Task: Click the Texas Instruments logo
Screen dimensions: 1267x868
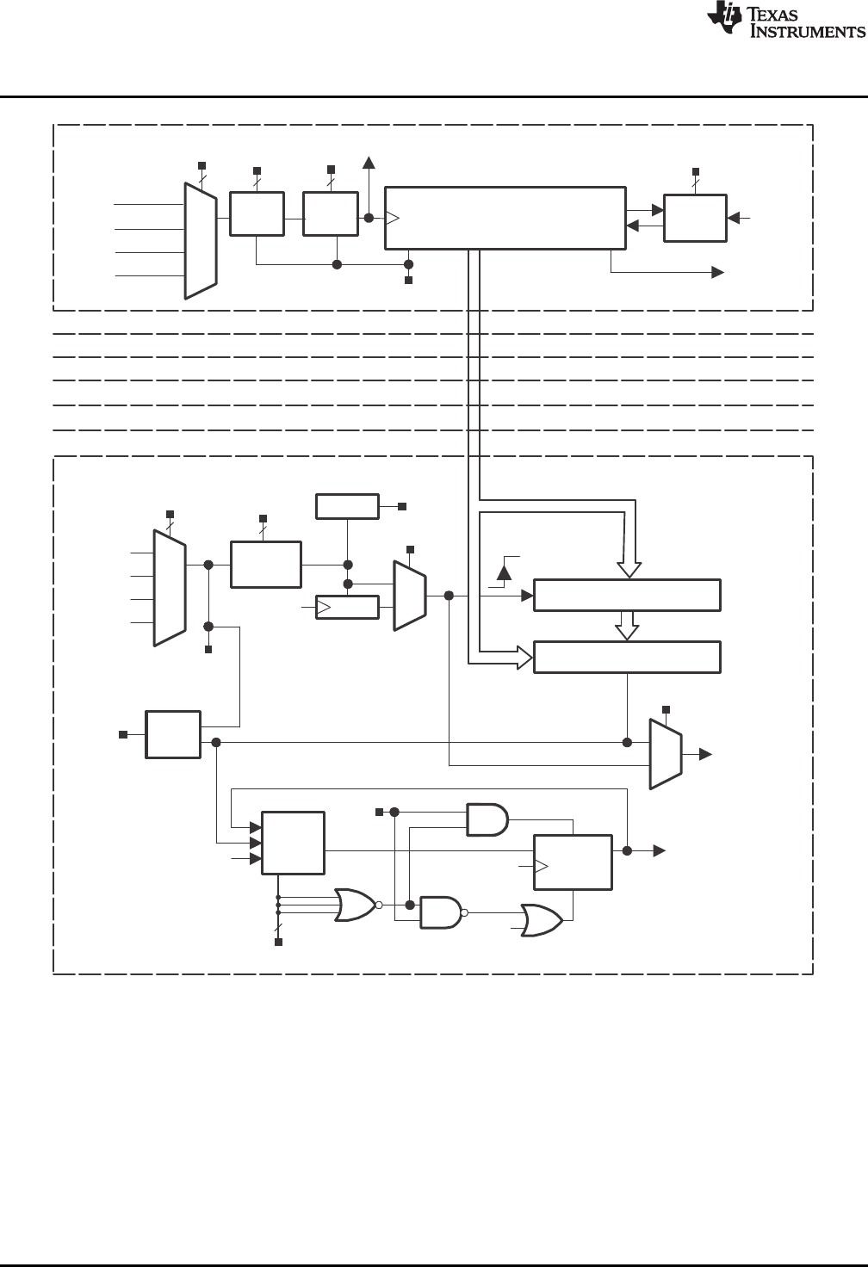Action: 724,20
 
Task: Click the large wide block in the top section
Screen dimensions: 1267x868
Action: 505,218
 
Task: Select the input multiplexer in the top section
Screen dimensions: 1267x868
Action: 201,240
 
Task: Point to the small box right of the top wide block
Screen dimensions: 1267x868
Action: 695,218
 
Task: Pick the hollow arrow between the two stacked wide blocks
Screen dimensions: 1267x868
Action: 628,626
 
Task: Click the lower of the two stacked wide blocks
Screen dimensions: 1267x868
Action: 627,657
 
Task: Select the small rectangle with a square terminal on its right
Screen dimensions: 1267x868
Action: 347,507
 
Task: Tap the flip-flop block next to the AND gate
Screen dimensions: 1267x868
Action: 573,862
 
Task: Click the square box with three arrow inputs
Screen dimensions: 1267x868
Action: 293,843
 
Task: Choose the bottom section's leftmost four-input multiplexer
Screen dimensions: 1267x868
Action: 169,587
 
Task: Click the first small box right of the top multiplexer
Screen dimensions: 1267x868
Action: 257,214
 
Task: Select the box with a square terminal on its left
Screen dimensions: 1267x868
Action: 173,734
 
